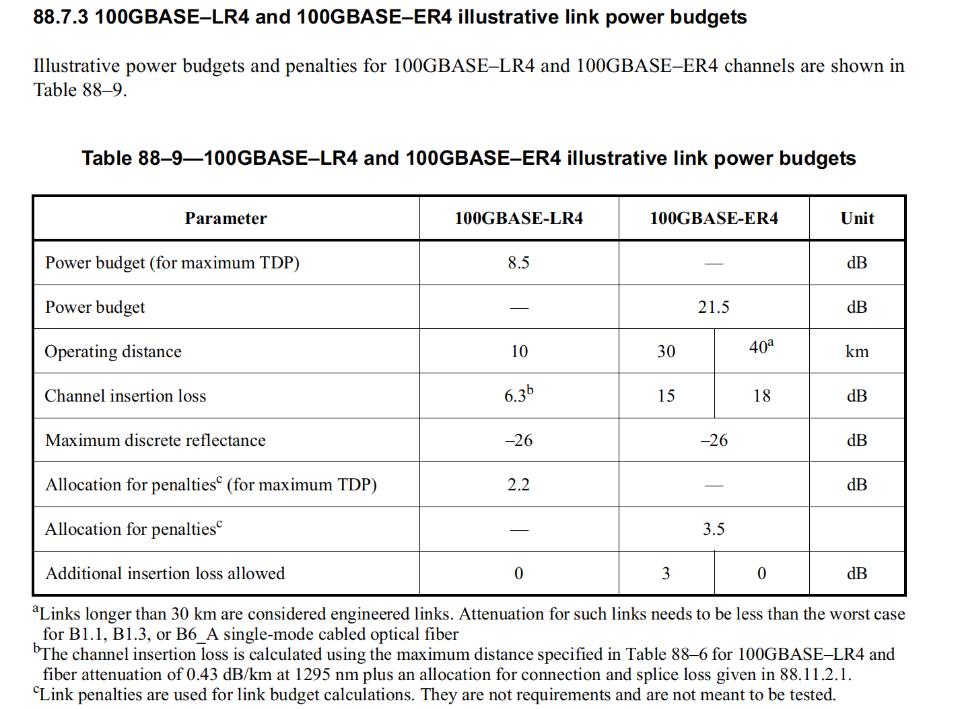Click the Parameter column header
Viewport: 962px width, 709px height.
pyautogui.click(x=226, y=219)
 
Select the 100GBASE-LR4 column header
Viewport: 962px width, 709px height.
pyautogui.click(x=518, y=219)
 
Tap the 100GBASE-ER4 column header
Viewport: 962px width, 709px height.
pyautogui.click(x=714, y=219)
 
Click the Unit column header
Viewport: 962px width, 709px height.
pyautogui.click(x=857, y=219)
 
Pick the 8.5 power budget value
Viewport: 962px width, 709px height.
pyautogui.click(x=518, y=263)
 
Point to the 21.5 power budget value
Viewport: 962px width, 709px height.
pyautogui.click(x=714, y=307)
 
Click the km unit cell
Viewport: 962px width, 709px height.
pyautogui.click(x=857, y=352)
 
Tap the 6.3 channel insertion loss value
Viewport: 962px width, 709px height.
pyautogui.click(x=516, y=396)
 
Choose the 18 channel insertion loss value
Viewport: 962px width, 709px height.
pyautogui.click(x=761, y=396)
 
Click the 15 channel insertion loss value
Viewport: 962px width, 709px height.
pyautogui.click(x=666, y=396)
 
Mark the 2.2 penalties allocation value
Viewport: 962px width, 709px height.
pyautogui.click(x=518, y=485)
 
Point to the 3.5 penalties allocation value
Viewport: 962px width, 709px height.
pyautogui.click(x=714, y=529)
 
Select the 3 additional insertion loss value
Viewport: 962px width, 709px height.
pyautogui.click(x=666, y=574)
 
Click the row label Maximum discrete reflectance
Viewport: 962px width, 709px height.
pyautogui.click(x=156, y=441)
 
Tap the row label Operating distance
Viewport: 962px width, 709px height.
pyautogui.click(x=113, y=352)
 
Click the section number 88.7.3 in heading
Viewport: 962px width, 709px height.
pyautogui.click(x=61, y=17)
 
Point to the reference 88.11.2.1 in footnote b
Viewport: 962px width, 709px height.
pyautogui.click(x=815, y=675)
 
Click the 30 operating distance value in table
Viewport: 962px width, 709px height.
pyautogui.click(x=666, y=352)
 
